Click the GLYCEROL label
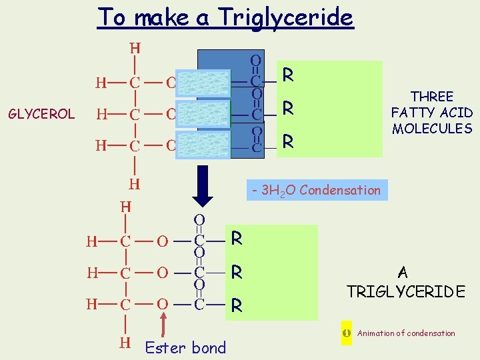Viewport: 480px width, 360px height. point(41,114)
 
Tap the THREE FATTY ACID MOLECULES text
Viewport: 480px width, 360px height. point(431,113)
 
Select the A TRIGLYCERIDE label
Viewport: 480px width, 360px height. point(405,282)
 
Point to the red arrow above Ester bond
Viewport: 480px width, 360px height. point(164,321)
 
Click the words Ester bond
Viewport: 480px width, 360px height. point(185,347)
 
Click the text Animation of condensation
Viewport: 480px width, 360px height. point(406,333)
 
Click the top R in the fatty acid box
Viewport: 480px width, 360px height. point(288,75)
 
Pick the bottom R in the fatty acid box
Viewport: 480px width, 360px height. point(288,141)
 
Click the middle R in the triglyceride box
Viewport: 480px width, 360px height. point(236,272)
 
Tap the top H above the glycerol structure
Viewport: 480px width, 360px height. point(135,48)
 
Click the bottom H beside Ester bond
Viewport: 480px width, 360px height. point(125,343)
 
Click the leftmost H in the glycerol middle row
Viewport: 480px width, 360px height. point(101,114)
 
